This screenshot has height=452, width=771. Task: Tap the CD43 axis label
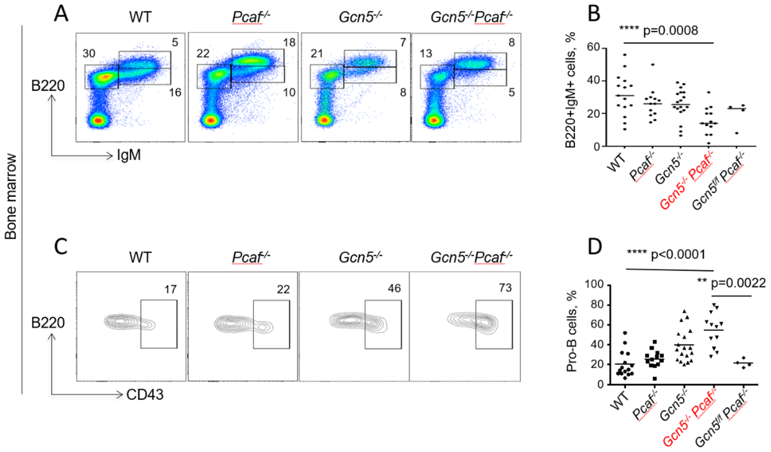click(x=145, y=395)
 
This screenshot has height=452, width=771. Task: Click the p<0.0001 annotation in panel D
click(x=678, y=254)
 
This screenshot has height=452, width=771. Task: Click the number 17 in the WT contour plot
click(x=170, y=289)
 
